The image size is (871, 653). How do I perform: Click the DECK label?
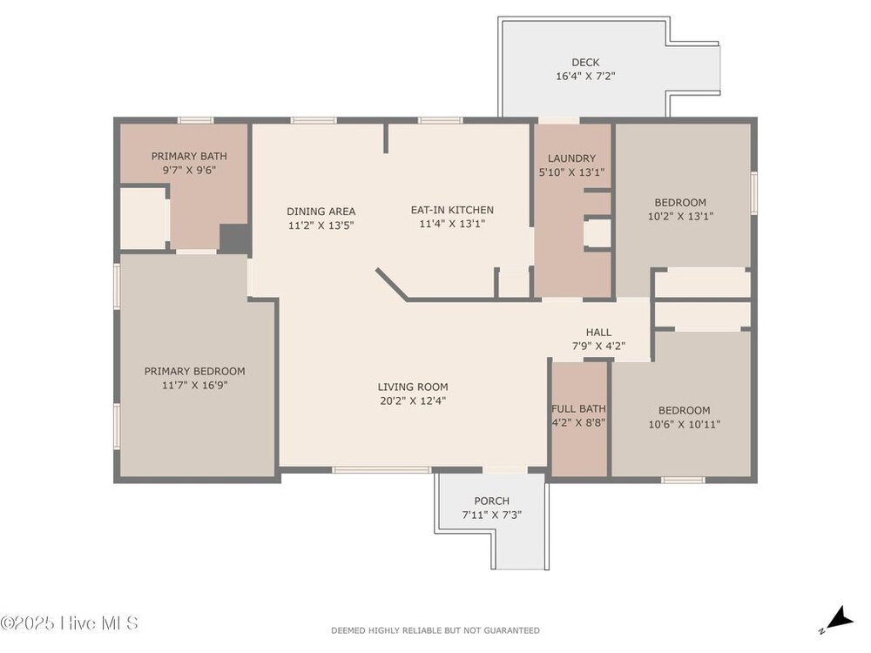coord(585,62)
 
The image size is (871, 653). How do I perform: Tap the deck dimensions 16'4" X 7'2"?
coord(585,76)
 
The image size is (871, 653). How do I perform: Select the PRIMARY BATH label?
coord(189,156)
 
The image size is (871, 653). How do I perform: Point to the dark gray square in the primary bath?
coord(234,239)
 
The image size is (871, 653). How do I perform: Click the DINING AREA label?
coord(321,211)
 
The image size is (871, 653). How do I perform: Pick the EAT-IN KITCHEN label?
coord(452,210)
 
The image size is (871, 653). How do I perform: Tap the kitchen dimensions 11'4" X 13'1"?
coord(452,224)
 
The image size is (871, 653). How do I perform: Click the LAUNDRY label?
coord(571,158)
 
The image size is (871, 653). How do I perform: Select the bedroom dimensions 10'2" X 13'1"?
coord(680,216)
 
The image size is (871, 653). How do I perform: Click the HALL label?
coord(599,332)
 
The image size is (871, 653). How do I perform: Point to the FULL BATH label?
coord(578,408)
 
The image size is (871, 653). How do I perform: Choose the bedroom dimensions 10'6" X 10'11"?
coord(685,424)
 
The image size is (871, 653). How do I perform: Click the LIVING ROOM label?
coord(413,387)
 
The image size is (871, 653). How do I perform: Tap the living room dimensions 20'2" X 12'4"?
coord(413,401)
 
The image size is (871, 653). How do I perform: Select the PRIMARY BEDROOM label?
coord(194,371)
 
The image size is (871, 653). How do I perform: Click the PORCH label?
coord(491,501)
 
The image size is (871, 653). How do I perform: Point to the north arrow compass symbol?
coord(837,620)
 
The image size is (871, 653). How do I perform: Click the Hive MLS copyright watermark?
coord(69,623)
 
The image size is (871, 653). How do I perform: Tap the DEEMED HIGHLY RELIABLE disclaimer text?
coord(435,630)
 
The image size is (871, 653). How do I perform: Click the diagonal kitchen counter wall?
coord(392,285)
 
